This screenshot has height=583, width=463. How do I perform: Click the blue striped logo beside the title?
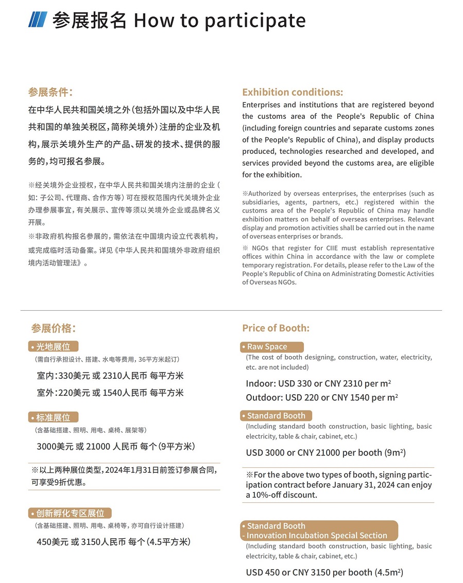pyautogui.click(x=38, y=20)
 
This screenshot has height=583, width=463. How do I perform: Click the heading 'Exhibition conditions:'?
pyautogui.click(x=292, y=92)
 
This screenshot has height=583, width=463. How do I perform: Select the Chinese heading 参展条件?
pyautogui.click(x=50, y=92)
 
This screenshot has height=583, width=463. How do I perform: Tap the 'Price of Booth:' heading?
pyautogui.click(x=276, y=328)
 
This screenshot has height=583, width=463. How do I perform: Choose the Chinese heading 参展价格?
pyautogui.click(x=53, y=328)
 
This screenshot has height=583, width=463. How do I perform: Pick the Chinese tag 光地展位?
pyautogui.click(x=53, y=346)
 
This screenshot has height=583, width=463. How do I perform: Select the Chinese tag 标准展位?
pyautogui.click(x=53, y=417)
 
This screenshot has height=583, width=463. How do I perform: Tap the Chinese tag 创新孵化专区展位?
pyautogui.click(x=70, y=513)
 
